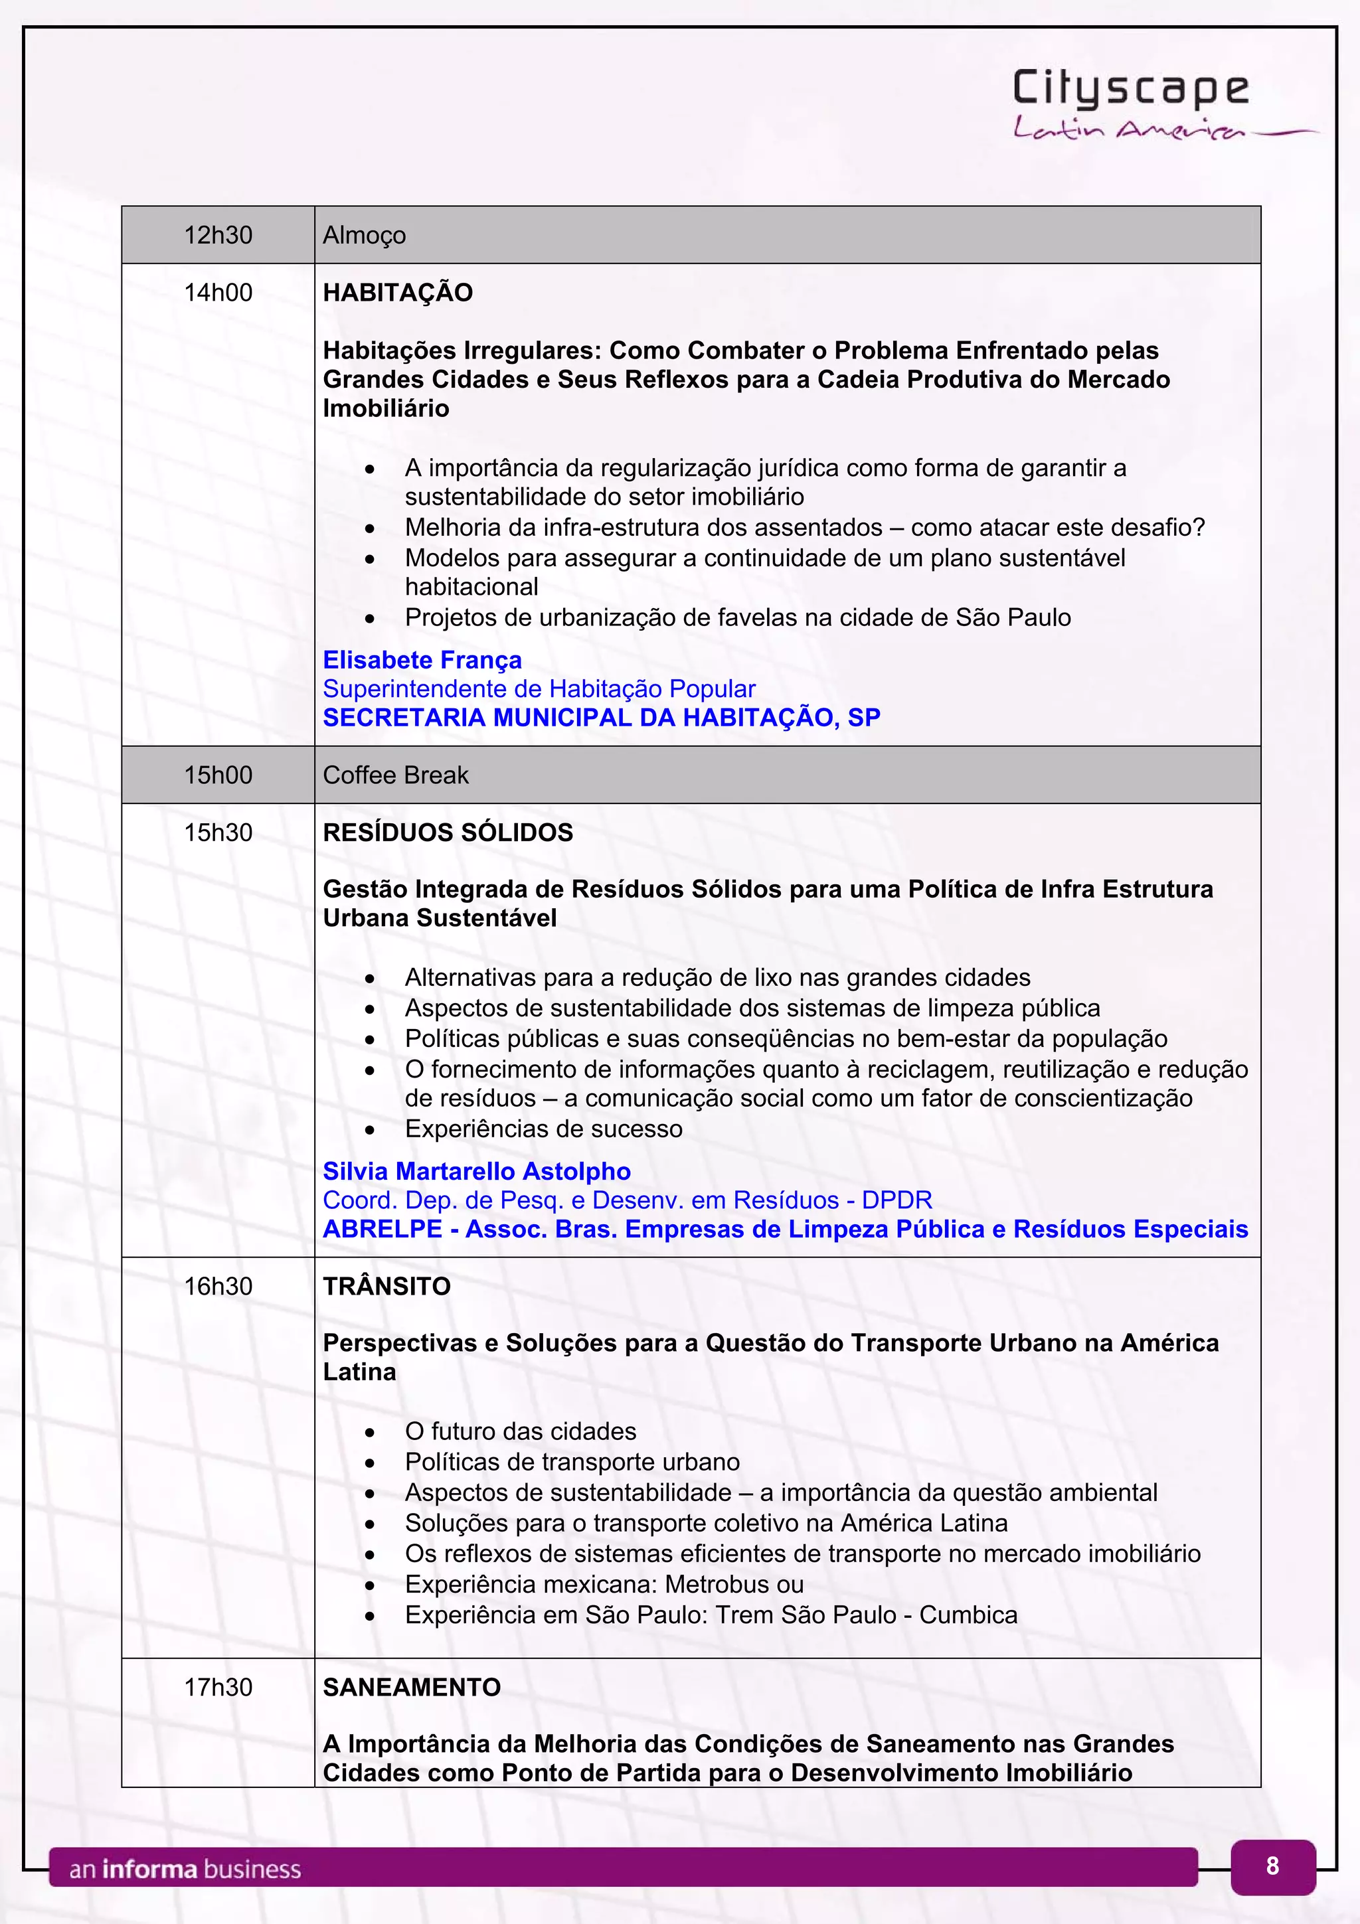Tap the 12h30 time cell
click(x=218, y=234)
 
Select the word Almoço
click(x=364, y=236)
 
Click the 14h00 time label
click(x=218, y=293)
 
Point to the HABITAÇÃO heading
click(x=397, y=293)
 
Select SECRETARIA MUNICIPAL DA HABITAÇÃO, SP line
click(x=601, y=717)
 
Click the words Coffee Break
click(x=396, y=775)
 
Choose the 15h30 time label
click(x=218, y=832)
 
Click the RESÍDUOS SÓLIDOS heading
click(x=448, y=832)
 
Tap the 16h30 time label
click(x=218, y=1286)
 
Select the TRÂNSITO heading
click(x=386, y=1286)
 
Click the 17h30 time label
click(x=218, y=1687)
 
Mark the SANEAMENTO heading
click(x=412, y=1687)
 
